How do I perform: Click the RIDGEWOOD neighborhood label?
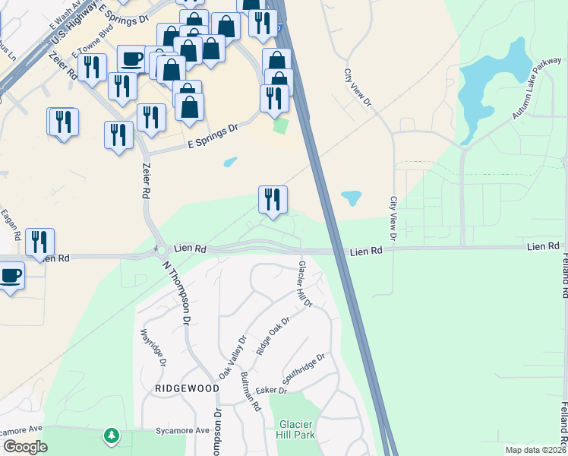[x=187, y=388]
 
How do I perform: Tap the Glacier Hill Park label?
[x=297, y=429]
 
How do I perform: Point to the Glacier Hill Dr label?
[x=305, y=283]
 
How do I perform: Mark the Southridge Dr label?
[x=304, y=369]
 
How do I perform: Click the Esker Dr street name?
[x=272, y=391]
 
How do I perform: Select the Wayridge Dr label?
[x=152, y=347]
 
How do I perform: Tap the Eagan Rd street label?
[x=9, y=223]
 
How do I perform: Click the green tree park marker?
[x=112, y=435]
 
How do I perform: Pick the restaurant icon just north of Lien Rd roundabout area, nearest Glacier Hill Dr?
[x=273, y=199]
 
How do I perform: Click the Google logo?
[x=25, y=448]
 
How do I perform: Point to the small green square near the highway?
[x=281, y=125]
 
